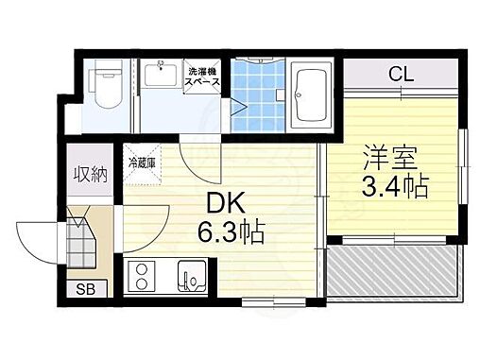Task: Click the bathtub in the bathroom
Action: (x=308, y=95)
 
